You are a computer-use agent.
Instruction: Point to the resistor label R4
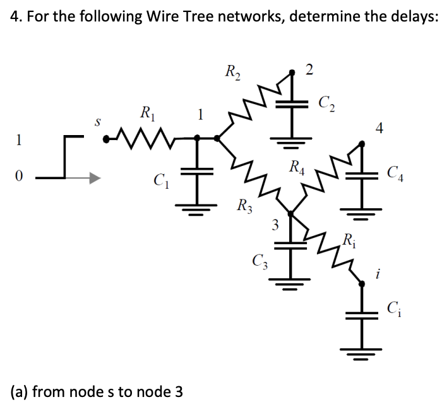coord(296,168)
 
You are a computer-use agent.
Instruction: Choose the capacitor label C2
coord(328,100)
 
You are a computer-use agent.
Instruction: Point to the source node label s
coord(97,119)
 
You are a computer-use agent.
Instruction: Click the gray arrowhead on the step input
coord(93,179)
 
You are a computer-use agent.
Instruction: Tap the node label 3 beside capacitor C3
coord(274,223)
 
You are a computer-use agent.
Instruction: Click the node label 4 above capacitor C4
coord(379,129)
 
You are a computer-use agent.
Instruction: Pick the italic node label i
coord(377,274)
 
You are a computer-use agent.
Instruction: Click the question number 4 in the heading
coord(15,17)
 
